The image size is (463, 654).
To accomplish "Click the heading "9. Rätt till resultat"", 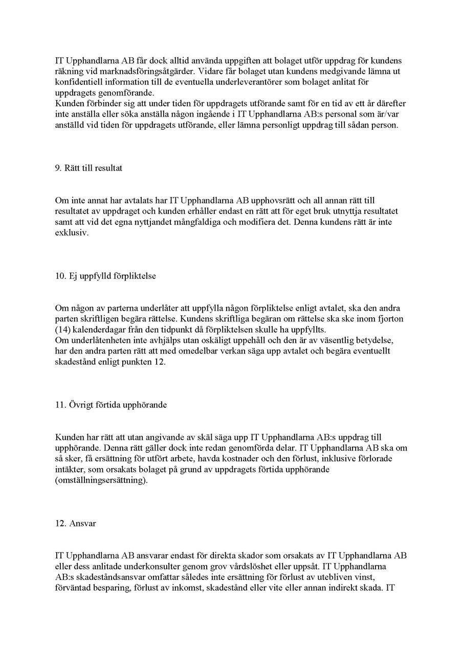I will (89, 168).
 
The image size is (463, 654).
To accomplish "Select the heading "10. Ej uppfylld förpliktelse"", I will (105, 276).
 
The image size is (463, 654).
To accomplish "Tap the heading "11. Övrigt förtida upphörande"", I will (111, 405).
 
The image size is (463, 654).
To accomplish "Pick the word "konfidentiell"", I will (77, 82).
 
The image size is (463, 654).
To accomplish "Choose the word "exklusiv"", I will (72, 233).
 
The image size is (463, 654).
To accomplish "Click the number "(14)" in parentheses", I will (62, 330).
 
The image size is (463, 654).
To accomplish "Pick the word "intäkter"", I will (69, 470).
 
